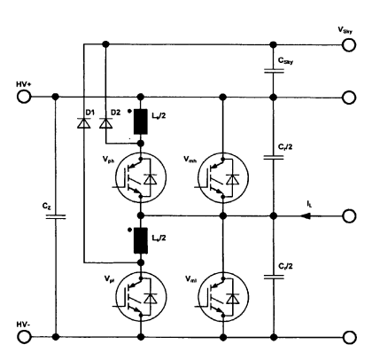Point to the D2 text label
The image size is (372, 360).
[112, 112]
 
